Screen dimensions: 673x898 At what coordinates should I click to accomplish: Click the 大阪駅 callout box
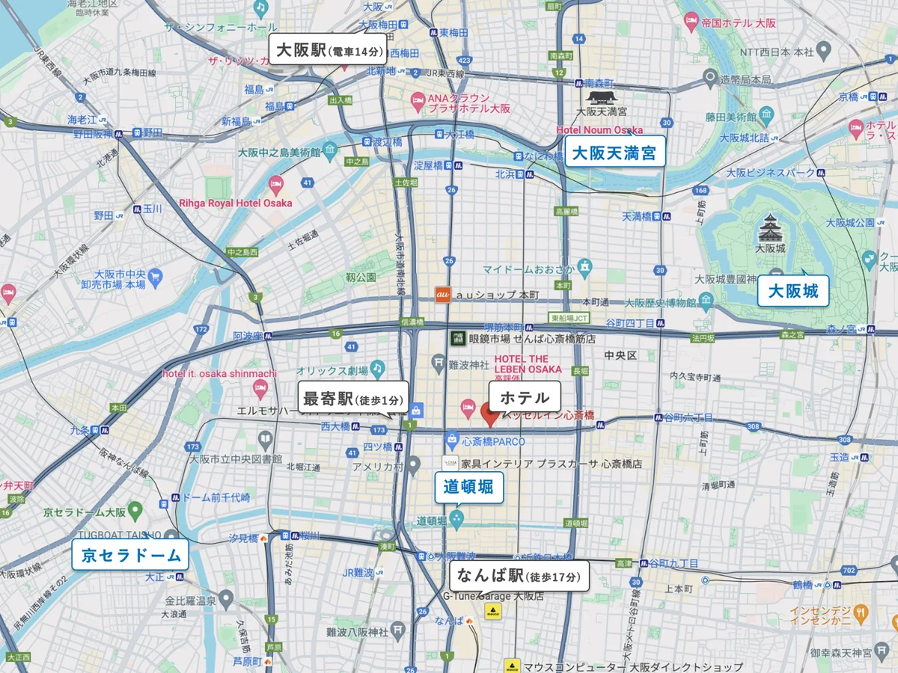[329, 51]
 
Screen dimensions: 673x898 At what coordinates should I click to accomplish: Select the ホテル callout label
[524, 398]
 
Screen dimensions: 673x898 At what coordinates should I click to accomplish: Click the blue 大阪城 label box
[793, 290]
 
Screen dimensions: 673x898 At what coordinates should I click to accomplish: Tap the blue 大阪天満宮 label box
[614, 154]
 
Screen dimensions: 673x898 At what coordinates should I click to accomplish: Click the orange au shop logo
[442, 295]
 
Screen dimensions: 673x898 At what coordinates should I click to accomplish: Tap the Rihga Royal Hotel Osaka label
[236, 203]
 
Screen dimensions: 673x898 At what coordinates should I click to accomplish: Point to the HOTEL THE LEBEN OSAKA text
[528, 364]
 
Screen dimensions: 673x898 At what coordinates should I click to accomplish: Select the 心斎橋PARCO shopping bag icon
[451, 440]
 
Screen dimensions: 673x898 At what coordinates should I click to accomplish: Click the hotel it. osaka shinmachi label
[220, 373]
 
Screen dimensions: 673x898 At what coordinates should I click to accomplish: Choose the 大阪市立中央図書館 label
[236, 458]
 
